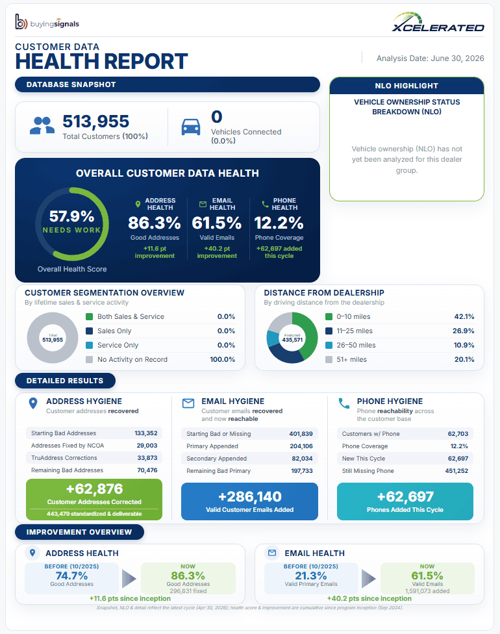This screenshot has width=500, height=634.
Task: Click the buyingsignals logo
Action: click(47, 22)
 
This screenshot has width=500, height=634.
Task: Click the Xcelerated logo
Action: click(438, 22)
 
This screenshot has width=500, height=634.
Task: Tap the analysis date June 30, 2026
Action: click(430, 58)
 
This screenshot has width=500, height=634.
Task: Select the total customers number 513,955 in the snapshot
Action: click(96, 121)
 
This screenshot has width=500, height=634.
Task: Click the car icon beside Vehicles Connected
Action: click(191, 127)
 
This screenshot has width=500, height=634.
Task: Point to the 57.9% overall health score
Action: click(71, 216)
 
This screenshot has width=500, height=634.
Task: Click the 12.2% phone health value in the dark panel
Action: click(279, 223)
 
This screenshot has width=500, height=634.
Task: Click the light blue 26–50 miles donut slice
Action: click(271, 339)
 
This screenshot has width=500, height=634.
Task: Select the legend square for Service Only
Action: click(90, 346)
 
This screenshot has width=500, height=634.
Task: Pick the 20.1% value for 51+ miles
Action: click(464, 359)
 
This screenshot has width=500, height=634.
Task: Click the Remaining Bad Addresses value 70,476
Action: click(147, 470)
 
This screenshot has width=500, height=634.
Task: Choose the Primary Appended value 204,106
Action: click(301, 446)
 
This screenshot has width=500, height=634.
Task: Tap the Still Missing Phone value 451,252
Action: click(456, 471)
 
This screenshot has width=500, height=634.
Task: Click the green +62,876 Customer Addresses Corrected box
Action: click(94, 500)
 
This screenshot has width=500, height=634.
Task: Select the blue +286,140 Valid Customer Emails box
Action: click(250, 501)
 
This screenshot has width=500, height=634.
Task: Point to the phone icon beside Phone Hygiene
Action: click(344, 403)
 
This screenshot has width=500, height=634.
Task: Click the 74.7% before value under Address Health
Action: click(71, 576)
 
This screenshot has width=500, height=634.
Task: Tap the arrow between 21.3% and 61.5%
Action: click(369, 579)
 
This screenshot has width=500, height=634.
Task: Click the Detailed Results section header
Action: click(65, 381)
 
